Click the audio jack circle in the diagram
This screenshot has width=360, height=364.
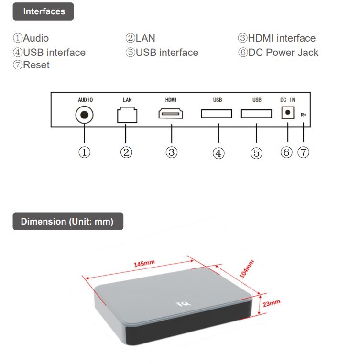[x=85, y=115]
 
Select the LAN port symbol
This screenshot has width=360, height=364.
[x=127, y=115]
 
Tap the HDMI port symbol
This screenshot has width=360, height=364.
[x=171, y=114]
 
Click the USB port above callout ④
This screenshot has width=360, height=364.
[x=217, y=114]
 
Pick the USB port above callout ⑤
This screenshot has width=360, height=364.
[x=256, y=114]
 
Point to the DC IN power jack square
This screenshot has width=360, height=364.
[x=287, y=113]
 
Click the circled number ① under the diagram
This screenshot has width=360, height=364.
[x=85, y=152]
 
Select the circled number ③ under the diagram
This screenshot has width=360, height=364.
[x=172, y=152]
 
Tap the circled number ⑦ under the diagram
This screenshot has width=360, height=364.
[x=303, y=152]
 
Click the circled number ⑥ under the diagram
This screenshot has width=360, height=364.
[x=286, y=152]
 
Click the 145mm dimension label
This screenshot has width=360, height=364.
[x=144, y=264]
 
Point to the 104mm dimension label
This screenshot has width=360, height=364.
[x=247, y=268]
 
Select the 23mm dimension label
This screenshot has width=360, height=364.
[x=271, y=304]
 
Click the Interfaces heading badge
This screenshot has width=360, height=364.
[x=43, y=11]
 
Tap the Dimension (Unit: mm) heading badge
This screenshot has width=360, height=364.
[x=67, y=222]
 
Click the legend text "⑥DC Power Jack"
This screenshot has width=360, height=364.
[x=278, y=53]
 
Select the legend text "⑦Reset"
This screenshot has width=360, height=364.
[x=31, y=65]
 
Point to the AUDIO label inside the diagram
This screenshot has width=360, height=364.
[x=85, y=100]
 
